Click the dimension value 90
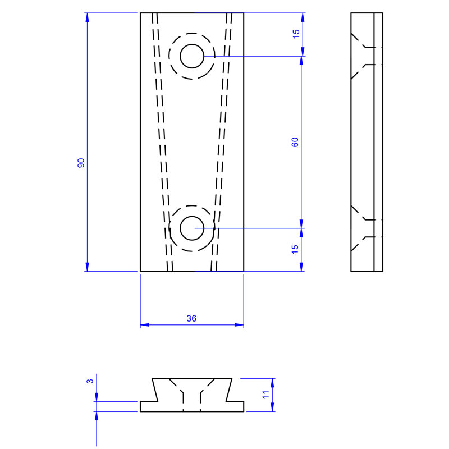tap(81, 163)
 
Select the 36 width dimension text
tap(191, 318)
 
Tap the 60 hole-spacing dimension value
tap(295, 142)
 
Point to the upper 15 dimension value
tap(296, 34)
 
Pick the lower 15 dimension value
tap(296, 250)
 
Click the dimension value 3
tap(90, 381)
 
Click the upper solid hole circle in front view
tap(191, 56)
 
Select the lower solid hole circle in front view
tap(191, 227)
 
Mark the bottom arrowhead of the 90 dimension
tap(87, 267)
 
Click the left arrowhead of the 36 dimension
tap(144, 324)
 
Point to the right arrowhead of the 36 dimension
tap(240, 324)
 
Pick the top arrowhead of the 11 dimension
tap(273, 382)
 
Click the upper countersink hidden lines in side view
tap(362, 56)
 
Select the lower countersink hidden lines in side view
tap(362, 227)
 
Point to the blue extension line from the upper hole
tap(253, 56)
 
